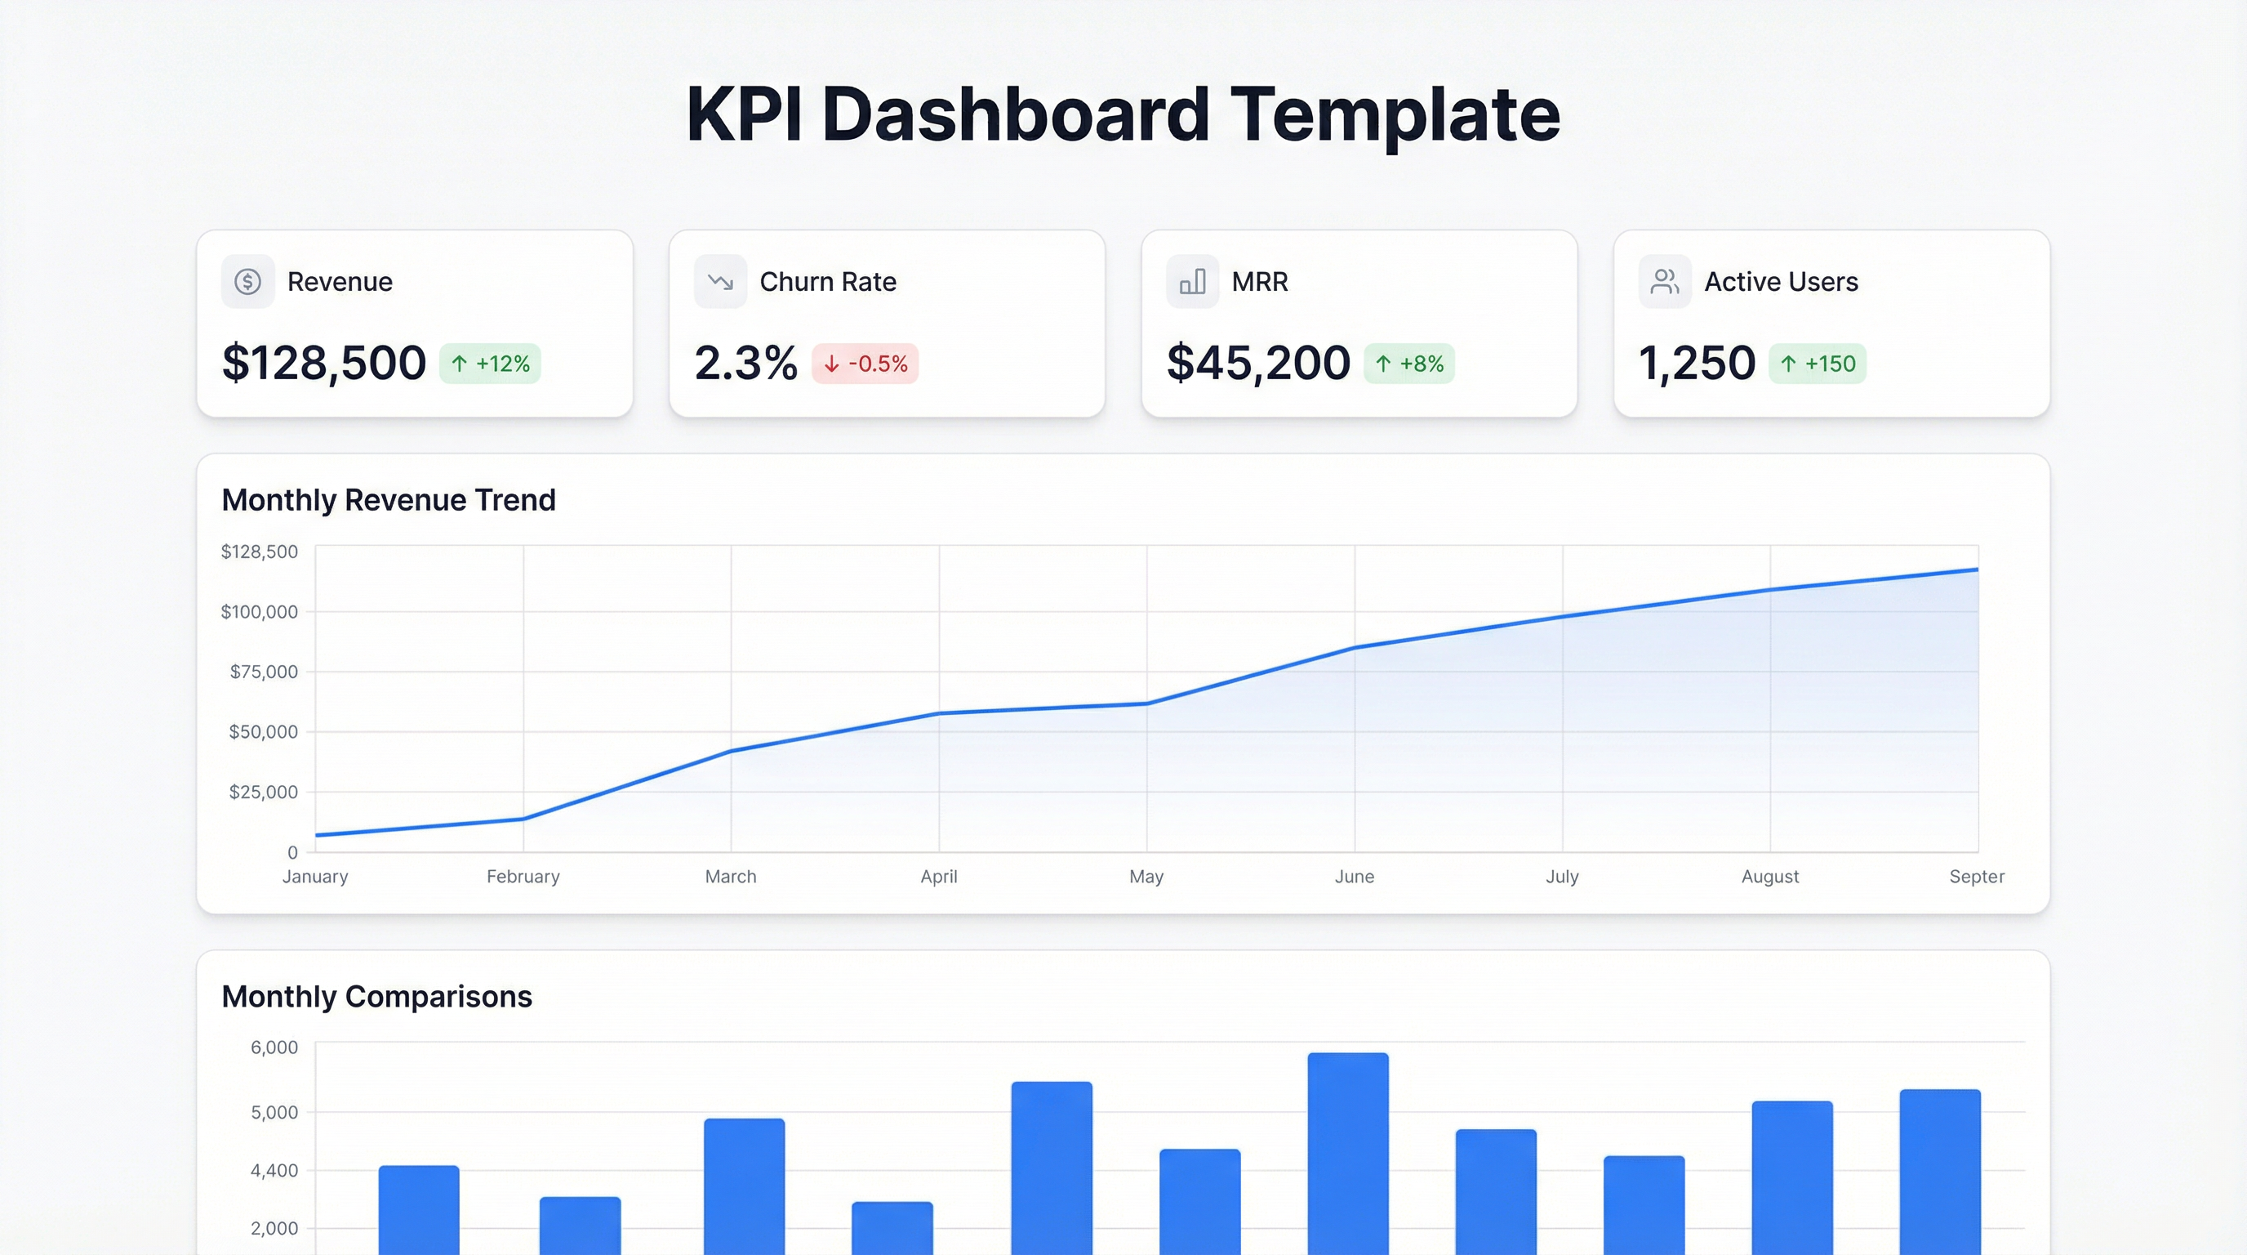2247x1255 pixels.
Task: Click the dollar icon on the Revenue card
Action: [247, 281]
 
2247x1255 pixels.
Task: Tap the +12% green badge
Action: [490, 363]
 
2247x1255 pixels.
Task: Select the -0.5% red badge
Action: [865, 363]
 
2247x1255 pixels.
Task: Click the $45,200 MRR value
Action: [1258, 363]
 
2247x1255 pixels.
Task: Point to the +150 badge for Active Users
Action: [1818, 363]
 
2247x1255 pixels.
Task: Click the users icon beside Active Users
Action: [1664, 281]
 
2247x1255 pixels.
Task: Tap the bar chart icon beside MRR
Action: [1192, 281]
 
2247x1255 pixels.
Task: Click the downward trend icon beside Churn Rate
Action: [720, 281]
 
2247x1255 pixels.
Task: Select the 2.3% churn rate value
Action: [745, 363]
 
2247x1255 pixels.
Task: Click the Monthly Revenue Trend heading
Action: [388, 500]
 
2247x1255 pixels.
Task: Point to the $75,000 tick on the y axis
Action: [264, 671]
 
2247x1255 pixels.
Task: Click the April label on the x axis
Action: [939, 876]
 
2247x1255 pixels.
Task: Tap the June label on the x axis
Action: [1354, 876]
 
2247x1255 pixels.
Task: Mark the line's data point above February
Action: [523, 819]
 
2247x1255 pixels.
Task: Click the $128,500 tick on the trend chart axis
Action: [259, 552]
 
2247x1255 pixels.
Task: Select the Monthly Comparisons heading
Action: [377, 997]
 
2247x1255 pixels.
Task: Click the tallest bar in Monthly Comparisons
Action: [1348, 1152]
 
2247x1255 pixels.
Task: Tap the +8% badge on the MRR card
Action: [1409, 363]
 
